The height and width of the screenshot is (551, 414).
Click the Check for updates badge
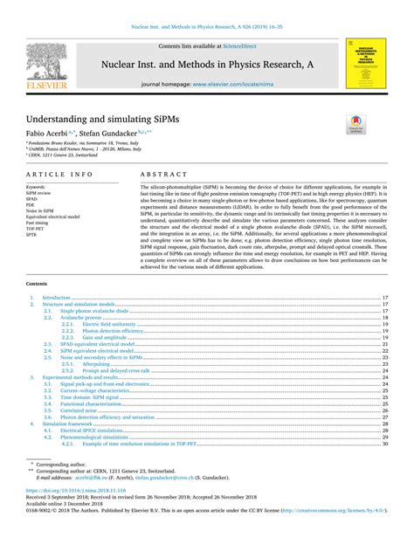354,125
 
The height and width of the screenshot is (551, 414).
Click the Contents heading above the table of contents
37,284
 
